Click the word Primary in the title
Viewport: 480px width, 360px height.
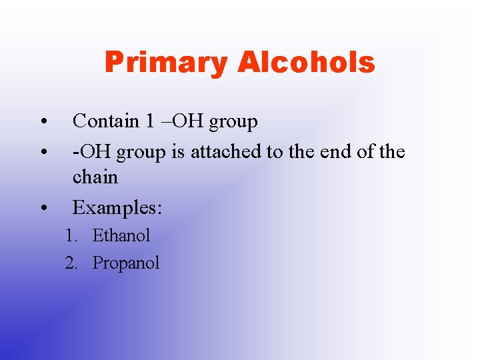click(166, 63)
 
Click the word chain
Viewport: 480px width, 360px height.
click(95, 177)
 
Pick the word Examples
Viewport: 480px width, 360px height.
click(117, 208)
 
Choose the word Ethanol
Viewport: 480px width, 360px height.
click(121, 235)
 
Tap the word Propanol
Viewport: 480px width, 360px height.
click(126, 263)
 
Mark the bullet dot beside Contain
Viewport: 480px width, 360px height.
click(43, 122)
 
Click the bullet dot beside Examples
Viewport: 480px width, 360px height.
click(43, 209)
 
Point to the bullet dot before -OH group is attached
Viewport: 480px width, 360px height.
click(43, 153)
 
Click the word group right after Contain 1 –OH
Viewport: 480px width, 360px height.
click(233, 122)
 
